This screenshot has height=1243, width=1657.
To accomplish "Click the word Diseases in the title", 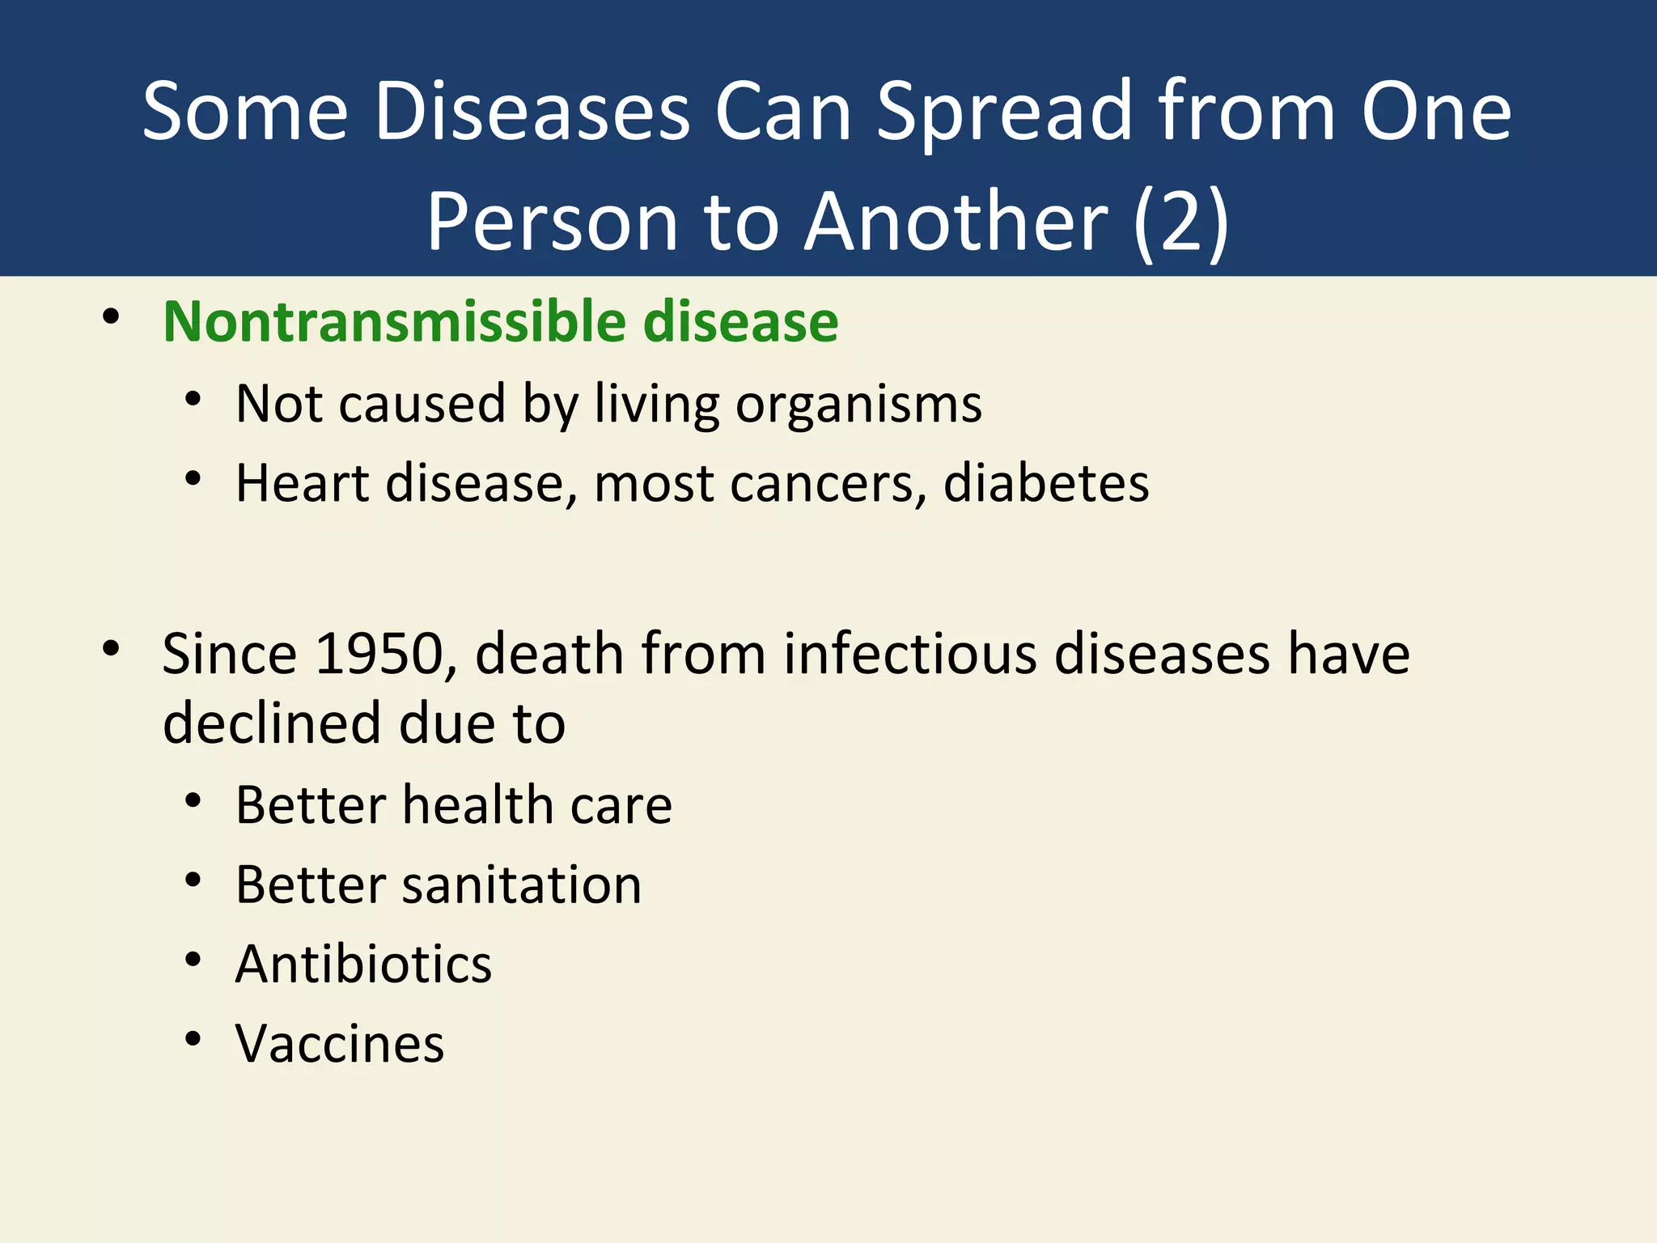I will click(x=532, y=112).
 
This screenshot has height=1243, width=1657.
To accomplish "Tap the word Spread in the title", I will click(x=1003, y=112).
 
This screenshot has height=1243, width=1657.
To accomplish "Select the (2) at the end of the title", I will click(x=1180, y=222).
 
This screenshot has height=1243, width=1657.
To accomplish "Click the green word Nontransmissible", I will click(x=394, y=321).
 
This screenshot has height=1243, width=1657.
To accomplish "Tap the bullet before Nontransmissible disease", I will click(x=112, y=317).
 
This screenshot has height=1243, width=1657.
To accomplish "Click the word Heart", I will click(x=302, y=483).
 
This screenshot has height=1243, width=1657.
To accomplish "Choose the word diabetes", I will click(x=1045, y=483).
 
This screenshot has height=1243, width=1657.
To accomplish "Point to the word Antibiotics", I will click(x=363, y=964).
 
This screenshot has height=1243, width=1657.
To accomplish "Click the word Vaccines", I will click(x=340, y=1043).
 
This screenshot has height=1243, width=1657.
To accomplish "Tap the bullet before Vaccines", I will click(x=193, y=1039).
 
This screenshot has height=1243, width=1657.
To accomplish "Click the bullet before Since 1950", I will click(x=112, y=649).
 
